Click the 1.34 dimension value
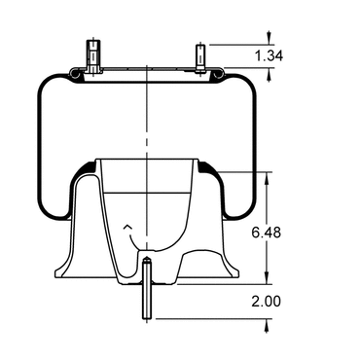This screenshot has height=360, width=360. click(269, 55)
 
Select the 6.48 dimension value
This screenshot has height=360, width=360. click(267, 233)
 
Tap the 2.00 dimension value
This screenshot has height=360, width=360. click(266, 302)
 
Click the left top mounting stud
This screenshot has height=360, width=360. click(93, 55)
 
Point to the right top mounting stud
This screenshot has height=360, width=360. click(200, 58)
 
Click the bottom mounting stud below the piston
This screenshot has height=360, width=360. click(147, 288)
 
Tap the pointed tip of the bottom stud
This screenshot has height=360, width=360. click(147, 257)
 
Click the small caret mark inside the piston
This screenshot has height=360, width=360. click(127, 227)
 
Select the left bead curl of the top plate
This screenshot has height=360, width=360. click(77, 74)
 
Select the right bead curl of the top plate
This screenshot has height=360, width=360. click(218, 74)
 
